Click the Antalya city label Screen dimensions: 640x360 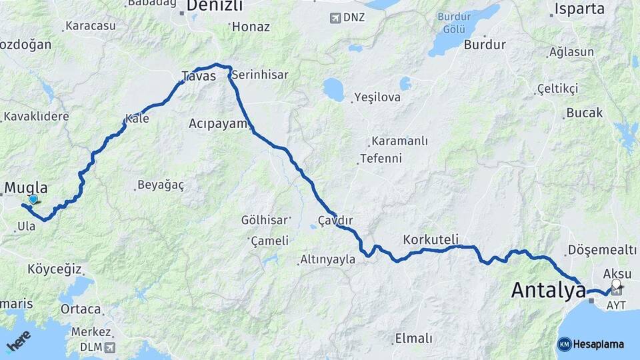(x=548, y=291)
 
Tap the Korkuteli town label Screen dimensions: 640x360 (x=431, y=239)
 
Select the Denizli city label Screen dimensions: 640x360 (x=215, y=6)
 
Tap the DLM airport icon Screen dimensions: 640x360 (x=109, y=347)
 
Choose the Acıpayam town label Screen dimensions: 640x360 (x=218, y=123)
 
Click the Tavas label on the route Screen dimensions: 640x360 (x=199, y=76)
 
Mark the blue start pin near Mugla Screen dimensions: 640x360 (x=33, y=199)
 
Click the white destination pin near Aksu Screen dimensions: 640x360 (x=616, y=285)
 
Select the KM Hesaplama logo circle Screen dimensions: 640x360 (x=565, y=344)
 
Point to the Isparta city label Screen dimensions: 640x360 (x=577, y=9)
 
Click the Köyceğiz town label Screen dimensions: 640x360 (x=55, y=269)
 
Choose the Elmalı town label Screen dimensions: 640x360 (x=414, y=338)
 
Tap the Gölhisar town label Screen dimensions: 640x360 (x=264, y=219)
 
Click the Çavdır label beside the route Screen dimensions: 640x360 (x=335, y=220)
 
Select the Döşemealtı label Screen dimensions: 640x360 (x=603, y=249)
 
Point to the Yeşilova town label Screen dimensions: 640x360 (x=377, y=97)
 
